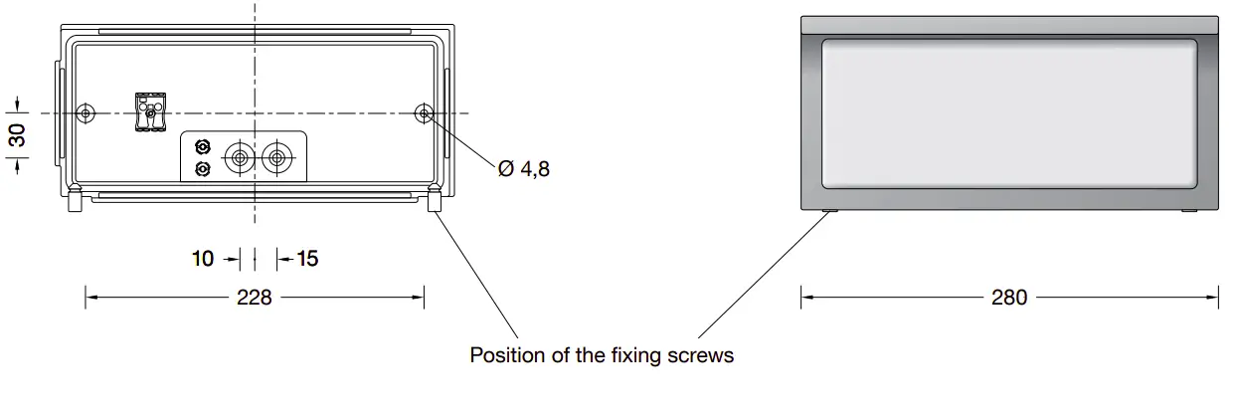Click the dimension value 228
click(255, 297)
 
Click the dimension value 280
click(1009, 297)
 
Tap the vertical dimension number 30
click(19, 135)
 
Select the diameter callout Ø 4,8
click(523, 169)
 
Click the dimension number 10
click(203, 259)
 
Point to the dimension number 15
click(307, 259)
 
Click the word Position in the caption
click(505, 355)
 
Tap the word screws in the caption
click(703, 355)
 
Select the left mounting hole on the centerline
click(87, 113)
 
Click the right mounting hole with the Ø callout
click(425, 113)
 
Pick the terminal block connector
click(151, 109)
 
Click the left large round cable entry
click(240, 158)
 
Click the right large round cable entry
click(277, 158)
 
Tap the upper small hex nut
click(203, 148)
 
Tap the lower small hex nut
click(203, 169)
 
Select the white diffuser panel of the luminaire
click(1009, 111)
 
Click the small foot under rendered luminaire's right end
click(1189, 211)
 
